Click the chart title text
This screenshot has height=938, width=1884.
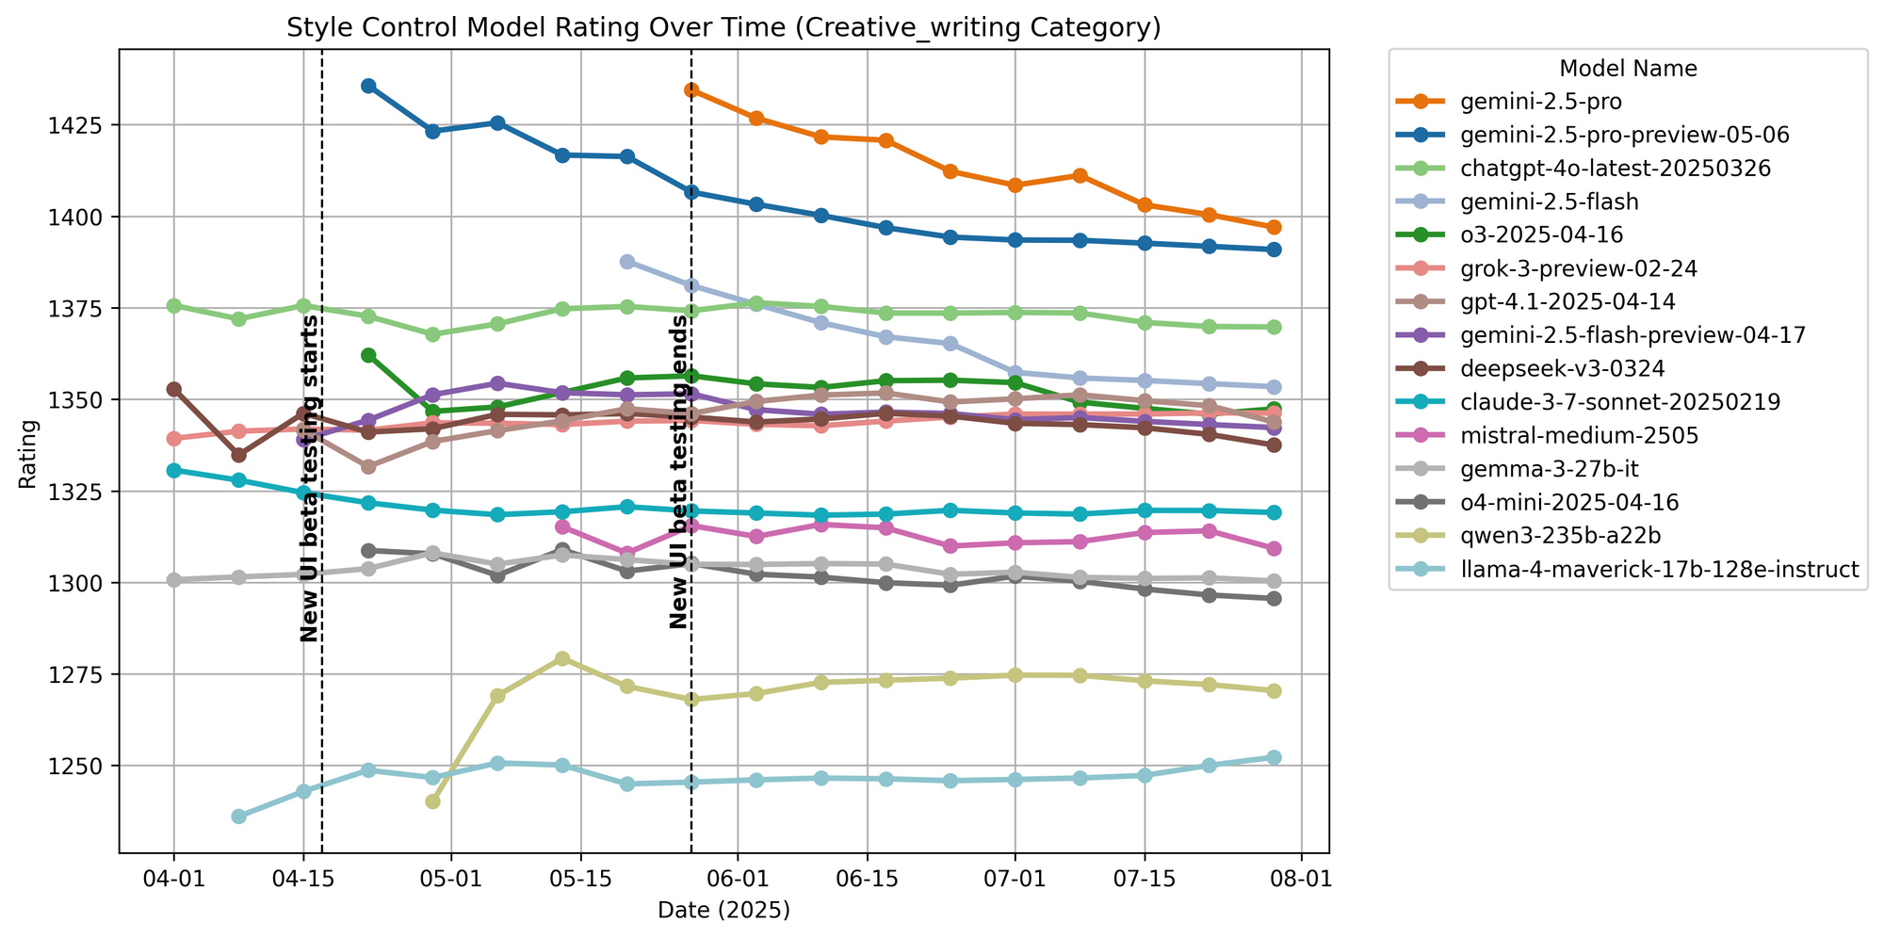click(x=723, y=29)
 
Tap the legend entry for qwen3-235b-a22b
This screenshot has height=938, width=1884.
click(x=1559, y=535)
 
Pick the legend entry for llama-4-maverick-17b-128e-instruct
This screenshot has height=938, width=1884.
click(x=1658, y=570)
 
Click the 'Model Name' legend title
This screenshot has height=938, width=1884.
click(x=1628, y=68)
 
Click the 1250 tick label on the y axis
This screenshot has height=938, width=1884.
click(x=89, y=767)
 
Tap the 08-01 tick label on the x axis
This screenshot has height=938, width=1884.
click(x=1301, y=881)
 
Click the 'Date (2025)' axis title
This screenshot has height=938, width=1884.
click(x=723, y=910)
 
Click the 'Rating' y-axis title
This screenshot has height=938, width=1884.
click(x=28, y=452)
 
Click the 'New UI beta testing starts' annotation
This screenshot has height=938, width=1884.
click(x=309, y=479)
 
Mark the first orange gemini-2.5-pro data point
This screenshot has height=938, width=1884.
click(x=691, y=89)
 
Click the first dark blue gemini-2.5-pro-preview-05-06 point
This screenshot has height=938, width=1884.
click(x=368, y=86)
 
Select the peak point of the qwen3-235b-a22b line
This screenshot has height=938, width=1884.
click(x=562, y=658)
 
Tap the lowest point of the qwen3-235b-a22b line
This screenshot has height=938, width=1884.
click(x=432, y=801)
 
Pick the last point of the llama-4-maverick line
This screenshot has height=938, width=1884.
click(x=1274, y=757)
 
